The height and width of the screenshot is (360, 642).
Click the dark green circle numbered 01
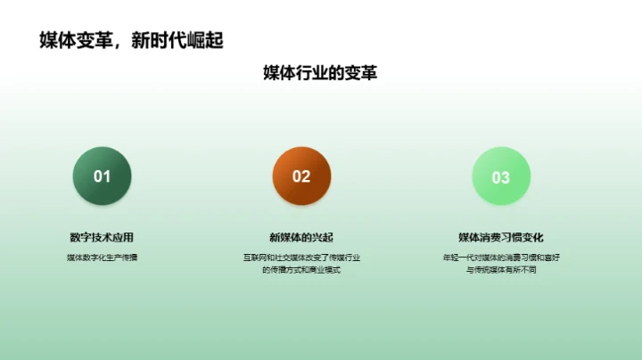[102, 176]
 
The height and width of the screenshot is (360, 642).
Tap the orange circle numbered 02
[301, 176]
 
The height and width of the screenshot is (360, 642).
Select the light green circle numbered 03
[501, 176]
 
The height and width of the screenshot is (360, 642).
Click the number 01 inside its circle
[102, 176]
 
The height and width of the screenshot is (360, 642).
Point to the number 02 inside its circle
[301, 176]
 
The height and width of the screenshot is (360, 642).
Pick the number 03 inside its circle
[501, 177]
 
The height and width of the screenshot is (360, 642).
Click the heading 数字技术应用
[102, 237]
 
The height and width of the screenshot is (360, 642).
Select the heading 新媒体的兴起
[301, 237]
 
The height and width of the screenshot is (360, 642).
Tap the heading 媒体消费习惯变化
[501, 237]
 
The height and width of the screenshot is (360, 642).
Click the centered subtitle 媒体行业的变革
[320, 73]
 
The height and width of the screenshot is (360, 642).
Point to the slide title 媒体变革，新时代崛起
[131, 40]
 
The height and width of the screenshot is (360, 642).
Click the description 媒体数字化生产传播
[102, 258]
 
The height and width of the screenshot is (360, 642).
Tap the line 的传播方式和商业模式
[301, 269]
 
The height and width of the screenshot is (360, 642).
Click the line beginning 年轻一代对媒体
[501, 258]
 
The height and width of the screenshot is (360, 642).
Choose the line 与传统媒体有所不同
[501, 269]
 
